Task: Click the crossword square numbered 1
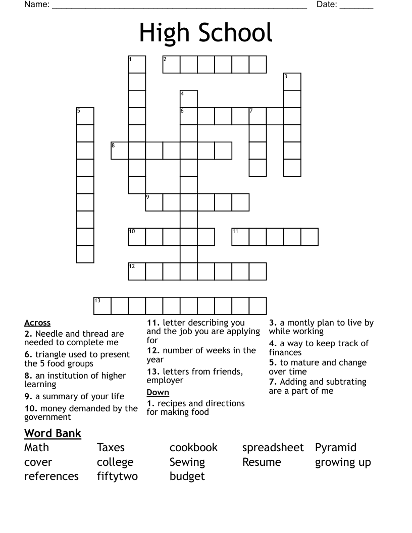[137, 65]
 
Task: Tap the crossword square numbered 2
[171, 65]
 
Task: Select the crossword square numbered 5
[85, 116]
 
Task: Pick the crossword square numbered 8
[120, 150]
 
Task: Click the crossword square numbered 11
[240, 236]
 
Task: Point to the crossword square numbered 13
[102, 306]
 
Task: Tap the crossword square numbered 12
[137, 271]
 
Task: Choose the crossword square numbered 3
[292, 82]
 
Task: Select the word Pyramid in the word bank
[336, 448]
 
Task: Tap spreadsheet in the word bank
[273, 448]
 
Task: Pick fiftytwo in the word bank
[117, 476]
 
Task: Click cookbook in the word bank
[193, 448]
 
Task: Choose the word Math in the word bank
[37, 448]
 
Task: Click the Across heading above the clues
[37, 323]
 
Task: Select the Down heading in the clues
[158, 393]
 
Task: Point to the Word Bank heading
[53, 433]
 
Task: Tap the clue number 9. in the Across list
[28, 397]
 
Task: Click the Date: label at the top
[327, 5]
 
